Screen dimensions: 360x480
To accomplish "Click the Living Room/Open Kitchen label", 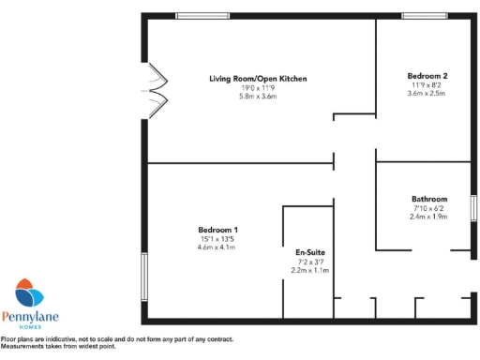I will coord(258,79).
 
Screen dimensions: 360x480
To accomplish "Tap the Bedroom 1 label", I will coord(217,230).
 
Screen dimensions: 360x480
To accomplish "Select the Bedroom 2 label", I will coord(427,76).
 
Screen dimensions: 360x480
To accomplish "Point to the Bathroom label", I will coord(429,199).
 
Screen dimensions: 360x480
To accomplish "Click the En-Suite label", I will coord(310,252).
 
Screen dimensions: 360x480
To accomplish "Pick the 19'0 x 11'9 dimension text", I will coord(258,87).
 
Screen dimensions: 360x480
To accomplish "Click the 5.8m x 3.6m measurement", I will coord(258,96).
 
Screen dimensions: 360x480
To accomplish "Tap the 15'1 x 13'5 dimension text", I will coord(217,238).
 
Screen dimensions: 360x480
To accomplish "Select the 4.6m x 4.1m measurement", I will coord(217,247).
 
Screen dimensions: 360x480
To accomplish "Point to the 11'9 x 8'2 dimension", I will coord(427,84).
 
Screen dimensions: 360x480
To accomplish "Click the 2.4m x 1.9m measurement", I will coord(429,216).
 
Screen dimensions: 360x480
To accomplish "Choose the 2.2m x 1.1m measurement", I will coord(310,270).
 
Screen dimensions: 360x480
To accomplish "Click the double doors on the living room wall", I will coord(154,91).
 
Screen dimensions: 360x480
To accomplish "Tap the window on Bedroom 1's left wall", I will coord(144,277).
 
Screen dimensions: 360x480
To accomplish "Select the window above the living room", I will coord(202,15).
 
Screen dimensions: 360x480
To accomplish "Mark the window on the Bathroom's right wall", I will coord(473,208).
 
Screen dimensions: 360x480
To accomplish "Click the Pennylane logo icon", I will coord(30,294).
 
